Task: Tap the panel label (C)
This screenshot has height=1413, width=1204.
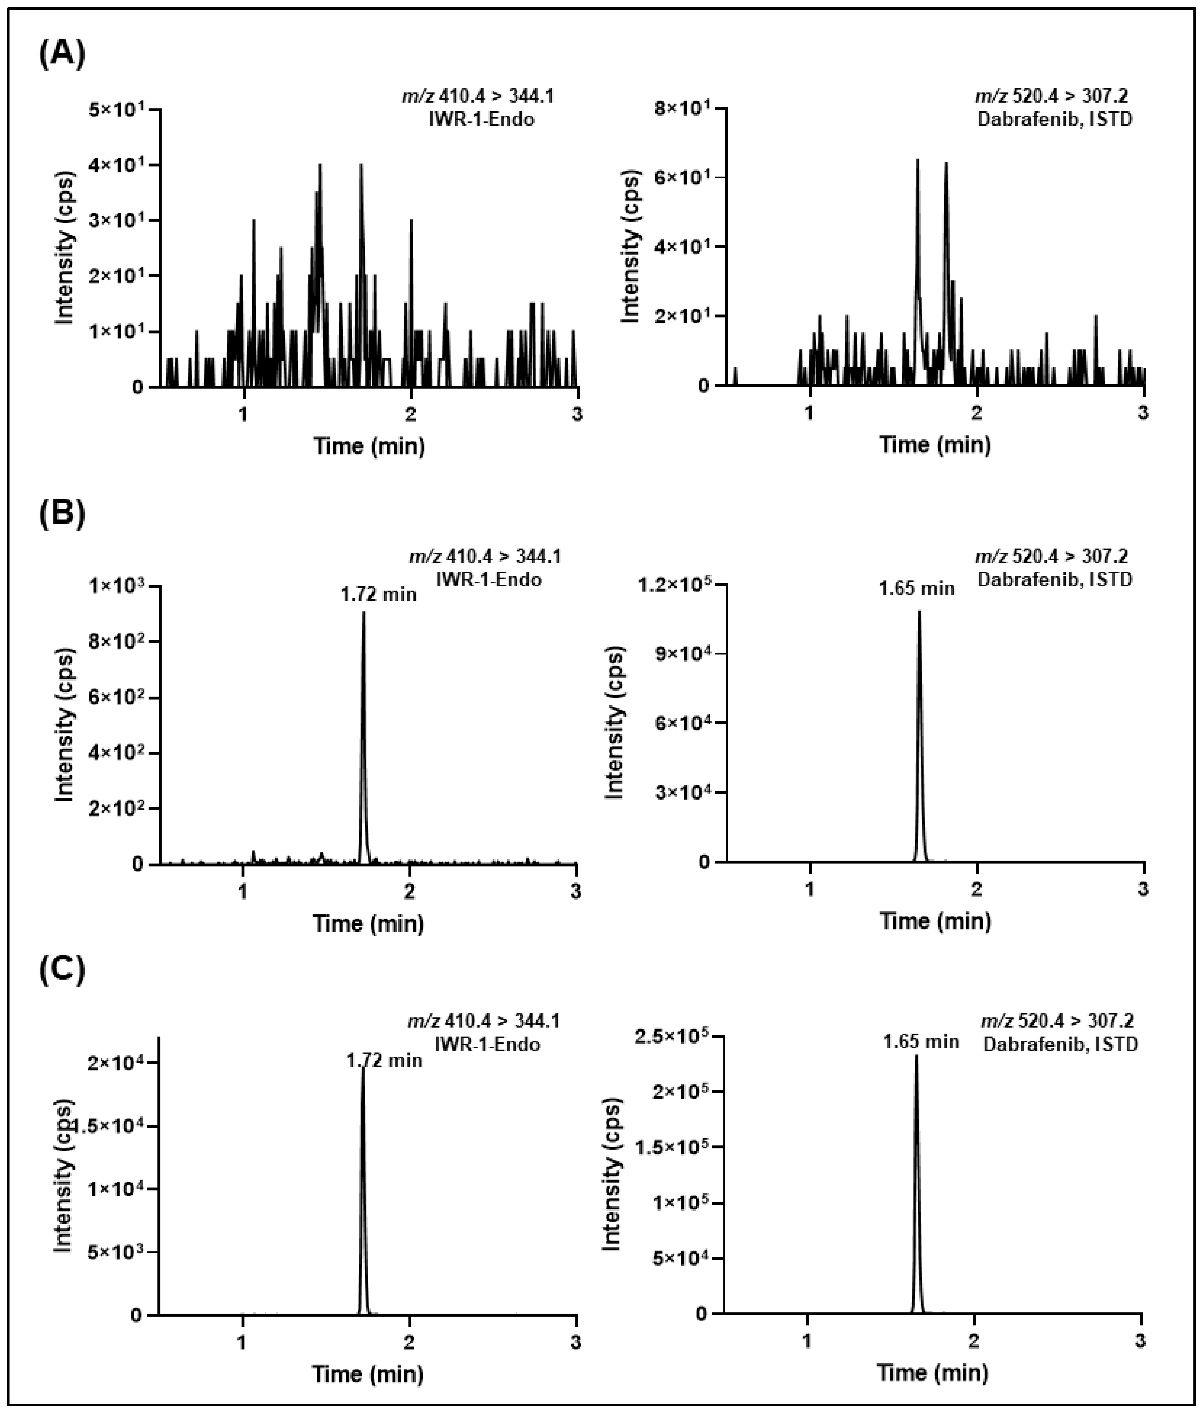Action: pyautogui.click(x=62, y=971)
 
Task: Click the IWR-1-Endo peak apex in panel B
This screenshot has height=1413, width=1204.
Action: pyautogui.click(x=363, y=612)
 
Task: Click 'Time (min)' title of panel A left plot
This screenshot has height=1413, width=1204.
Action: pyautogui.click(x=369, y=446)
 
